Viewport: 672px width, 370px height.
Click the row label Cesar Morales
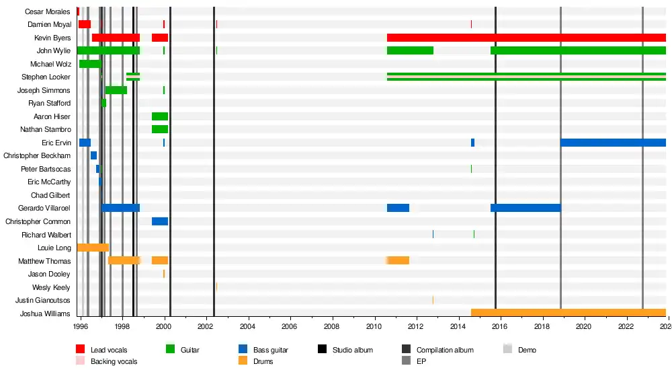pos(48,11)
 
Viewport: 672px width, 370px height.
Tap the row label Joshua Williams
pos(45,313)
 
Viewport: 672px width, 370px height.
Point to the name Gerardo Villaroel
pos(44,209)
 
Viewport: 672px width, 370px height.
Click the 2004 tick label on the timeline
pos(249,326)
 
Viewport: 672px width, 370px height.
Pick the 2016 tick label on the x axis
pos(501,326)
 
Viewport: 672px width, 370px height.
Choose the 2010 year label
pos(374,326)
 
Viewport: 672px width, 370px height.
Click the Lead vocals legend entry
pos(108,350)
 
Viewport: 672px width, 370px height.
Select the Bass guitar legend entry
pos(270,350)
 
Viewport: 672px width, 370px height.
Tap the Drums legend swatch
pos(243,361)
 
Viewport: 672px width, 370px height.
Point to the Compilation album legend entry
pos(444,350)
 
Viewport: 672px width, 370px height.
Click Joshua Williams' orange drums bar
pos(568,313)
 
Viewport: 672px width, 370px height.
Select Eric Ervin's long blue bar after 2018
pos(613,143)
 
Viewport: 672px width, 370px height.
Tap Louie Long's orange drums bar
pos(93,248)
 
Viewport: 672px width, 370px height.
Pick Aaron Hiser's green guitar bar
pos(160,116)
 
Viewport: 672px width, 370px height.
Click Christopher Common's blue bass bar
pos(160,221)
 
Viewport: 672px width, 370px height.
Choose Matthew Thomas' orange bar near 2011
pos(398,260)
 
